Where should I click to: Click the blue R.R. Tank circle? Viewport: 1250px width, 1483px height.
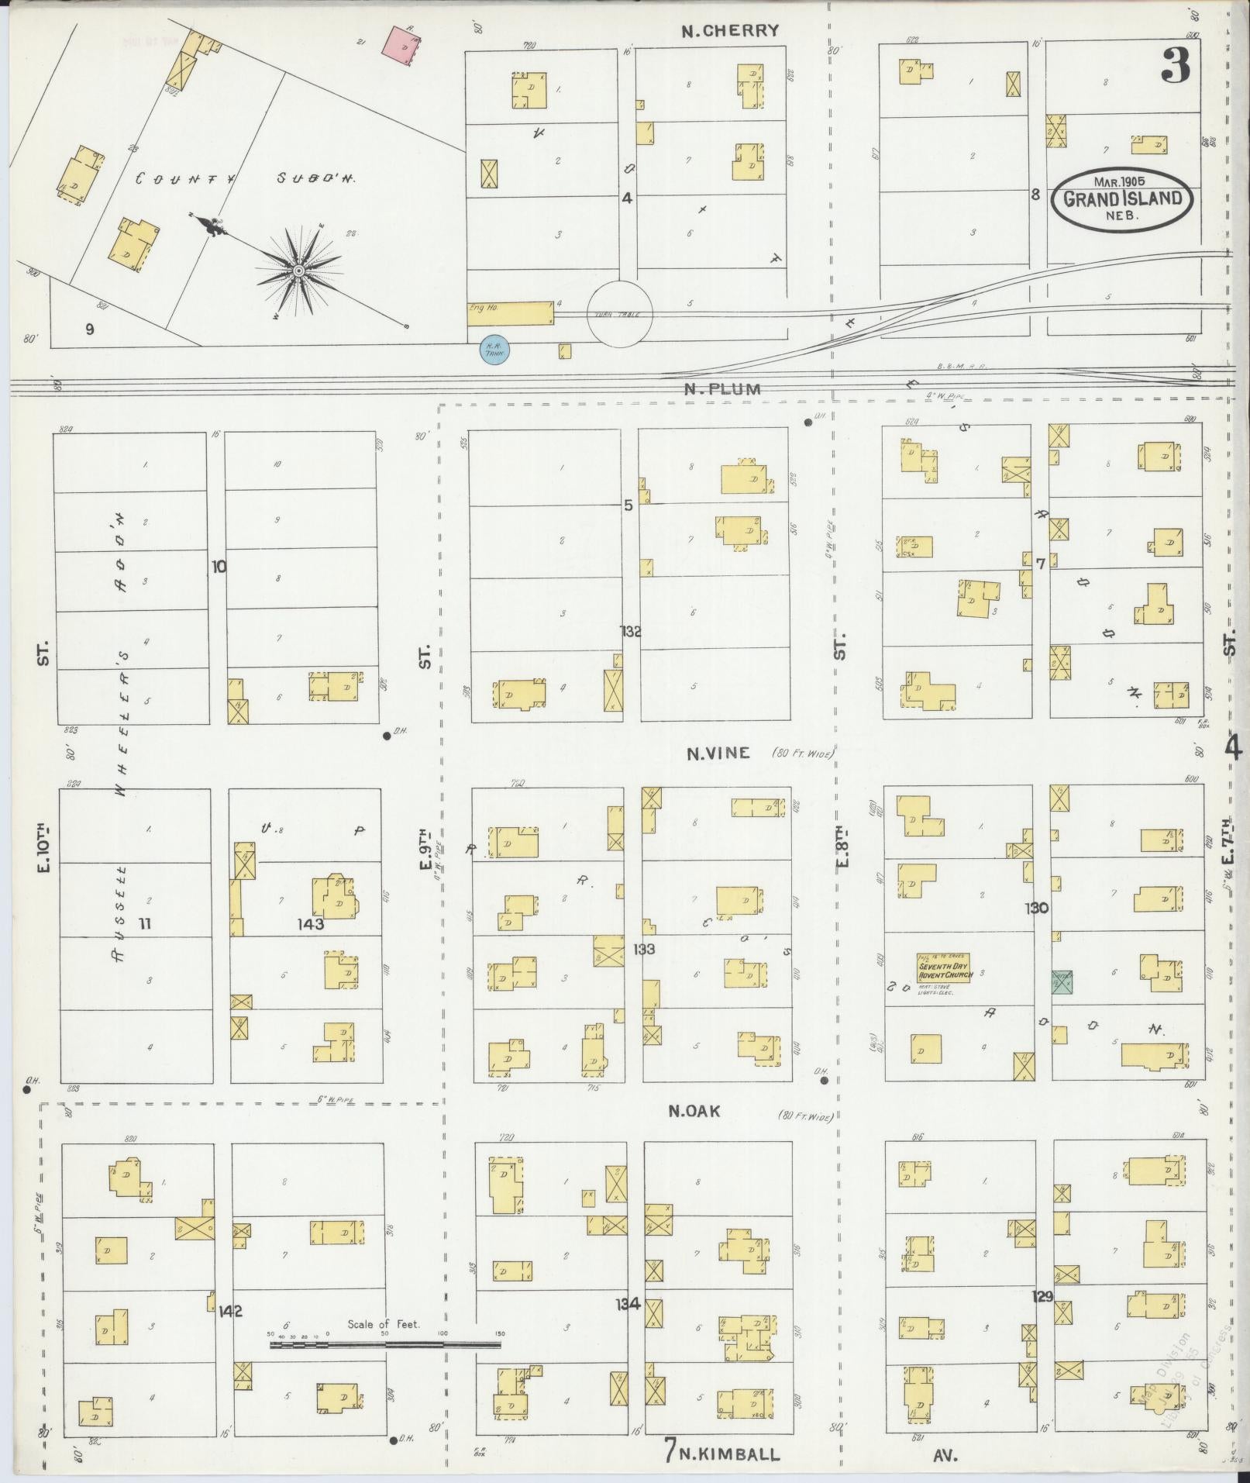[x=494, y=350]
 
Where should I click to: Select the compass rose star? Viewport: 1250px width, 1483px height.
[x=298, y=271]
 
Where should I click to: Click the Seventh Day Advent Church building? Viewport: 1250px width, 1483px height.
[x=944, y=969]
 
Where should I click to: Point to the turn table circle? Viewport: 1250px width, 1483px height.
[x=619, y=313]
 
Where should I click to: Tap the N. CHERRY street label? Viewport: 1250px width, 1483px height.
[x=730, y=31]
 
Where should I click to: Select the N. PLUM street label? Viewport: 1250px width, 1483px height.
[x=722, y=389]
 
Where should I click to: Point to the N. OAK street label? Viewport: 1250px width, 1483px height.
[x=694, y=1111]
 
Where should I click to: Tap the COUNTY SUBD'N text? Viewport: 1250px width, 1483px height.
[x=245, y=178]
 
